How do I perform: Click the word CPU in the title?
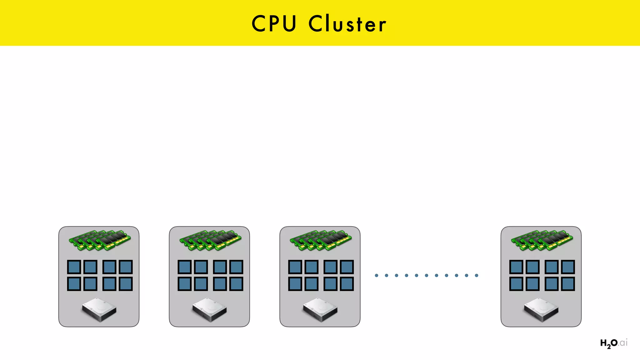coord(274,24)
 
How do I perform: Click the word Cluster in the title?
coord(347,24)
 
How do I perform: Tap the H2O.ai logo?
coord(613,343)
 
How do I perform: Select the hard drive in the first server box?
coord(99,310)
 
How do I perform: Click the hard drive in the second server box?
coord(210,310)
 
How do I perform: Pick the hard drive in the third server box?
coord(320,310)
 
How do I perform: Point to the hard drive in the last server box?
coord(541,310)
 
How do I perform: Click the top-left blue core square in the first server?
coord(74,267)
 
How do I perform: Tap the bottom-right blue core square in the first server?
coord(126,284)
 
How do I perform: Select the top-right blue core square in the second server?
coord(236,267)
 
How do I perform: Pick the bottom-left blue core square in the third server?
coord(295,284)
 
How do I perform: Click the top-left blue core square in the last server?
coord(516,267)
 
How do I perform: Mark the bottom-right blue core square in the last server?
coord(568,284)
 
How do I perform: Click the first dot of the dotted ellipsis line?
coord(377,275)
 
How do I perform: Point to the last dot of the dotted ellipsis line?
coord(477,275)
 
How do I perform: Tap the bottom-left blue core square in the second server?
coord(184,284)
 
